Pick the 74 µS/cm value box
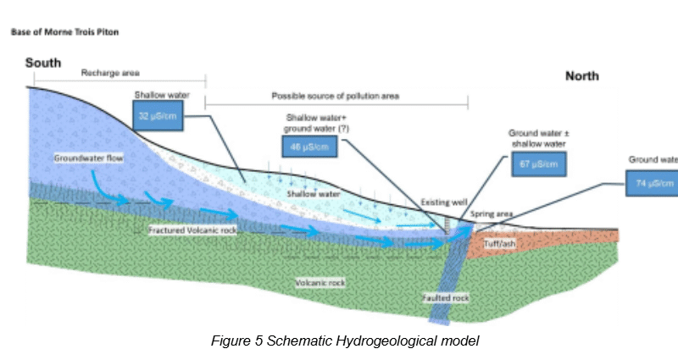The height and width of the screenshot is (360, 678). click(652, 183)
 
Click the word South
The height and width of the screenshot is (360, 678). click(43, 64)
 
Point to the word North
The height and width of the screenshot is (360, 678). click(581, 76)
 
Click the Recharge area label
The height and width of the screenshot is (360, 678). click(110, 74)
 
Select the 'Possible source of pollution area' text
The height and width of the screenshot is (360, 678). click(335, 97)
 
